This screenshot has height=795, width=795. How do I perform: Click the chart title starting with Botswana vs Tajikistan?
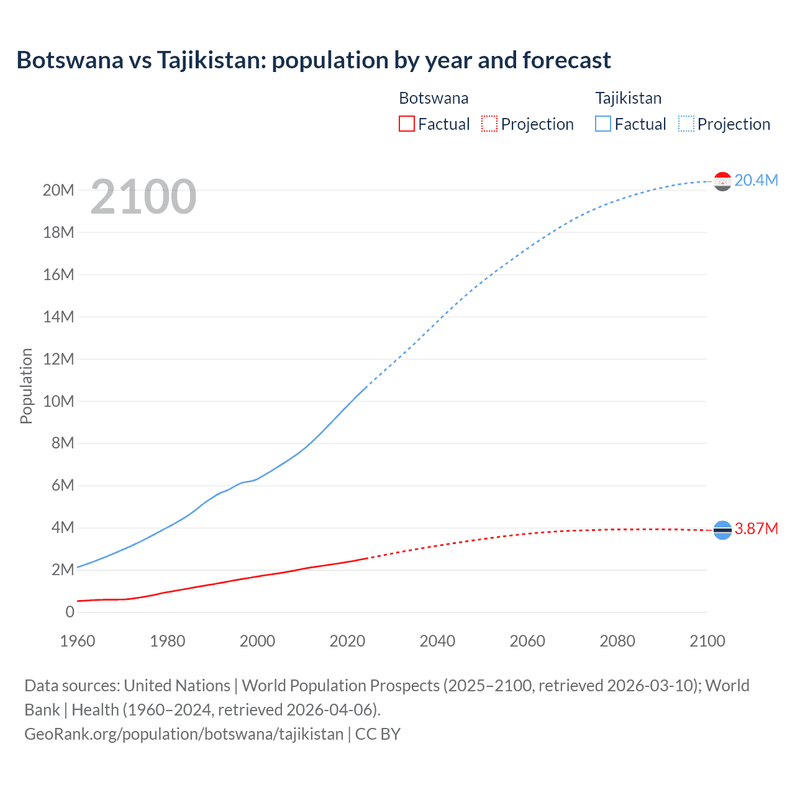pos(314,60)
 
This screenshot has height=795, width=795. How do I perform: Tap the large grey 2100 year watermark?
pos(143,197)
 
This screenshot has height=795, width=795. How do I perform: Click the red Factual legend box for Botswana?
pos(406,124)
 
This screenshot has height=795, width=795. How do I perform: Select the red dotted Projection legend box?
pos(489,124)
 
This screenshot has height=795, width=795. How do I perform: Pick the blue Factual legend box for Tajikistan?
pos(603,124)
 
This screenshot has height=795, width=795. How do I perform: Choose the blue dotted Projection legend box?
pos(686,124)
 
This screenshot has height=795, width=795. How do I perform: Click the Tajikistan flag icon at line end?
pos(722,181)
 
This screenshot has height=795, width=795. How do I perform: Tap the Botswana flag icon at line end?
pos(722,530)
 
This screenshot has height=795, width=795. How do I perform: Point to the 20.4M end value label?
pos(756,180)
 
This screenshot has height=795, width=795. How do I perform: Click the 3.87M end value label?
pos(756,529)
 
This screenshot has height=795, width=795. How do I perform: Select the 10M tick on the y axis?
pos(58,401)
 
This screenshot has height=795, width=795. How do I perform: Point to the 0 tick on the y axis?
pos(70,612)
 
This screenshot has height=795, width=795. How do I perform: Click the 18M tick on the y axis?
pos(58,232)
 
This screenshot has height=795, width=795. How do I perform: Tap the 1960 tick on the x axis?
pos(78,641)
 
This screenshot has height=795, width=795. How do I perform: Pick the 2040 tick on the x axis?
pos(437,641)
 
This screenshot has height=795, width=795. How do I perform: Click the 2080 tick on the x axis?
pos(617,641)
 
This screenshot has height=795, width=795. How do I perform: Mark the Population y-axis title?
pos(26,386)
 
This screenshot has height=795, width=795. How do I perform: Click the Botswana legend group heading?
pos(434,98)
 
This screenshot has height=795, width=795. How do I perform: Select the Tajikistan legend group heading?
pos(629,98)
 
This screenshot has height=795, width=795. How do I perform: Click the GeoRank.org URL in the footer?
pos(184,734)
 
